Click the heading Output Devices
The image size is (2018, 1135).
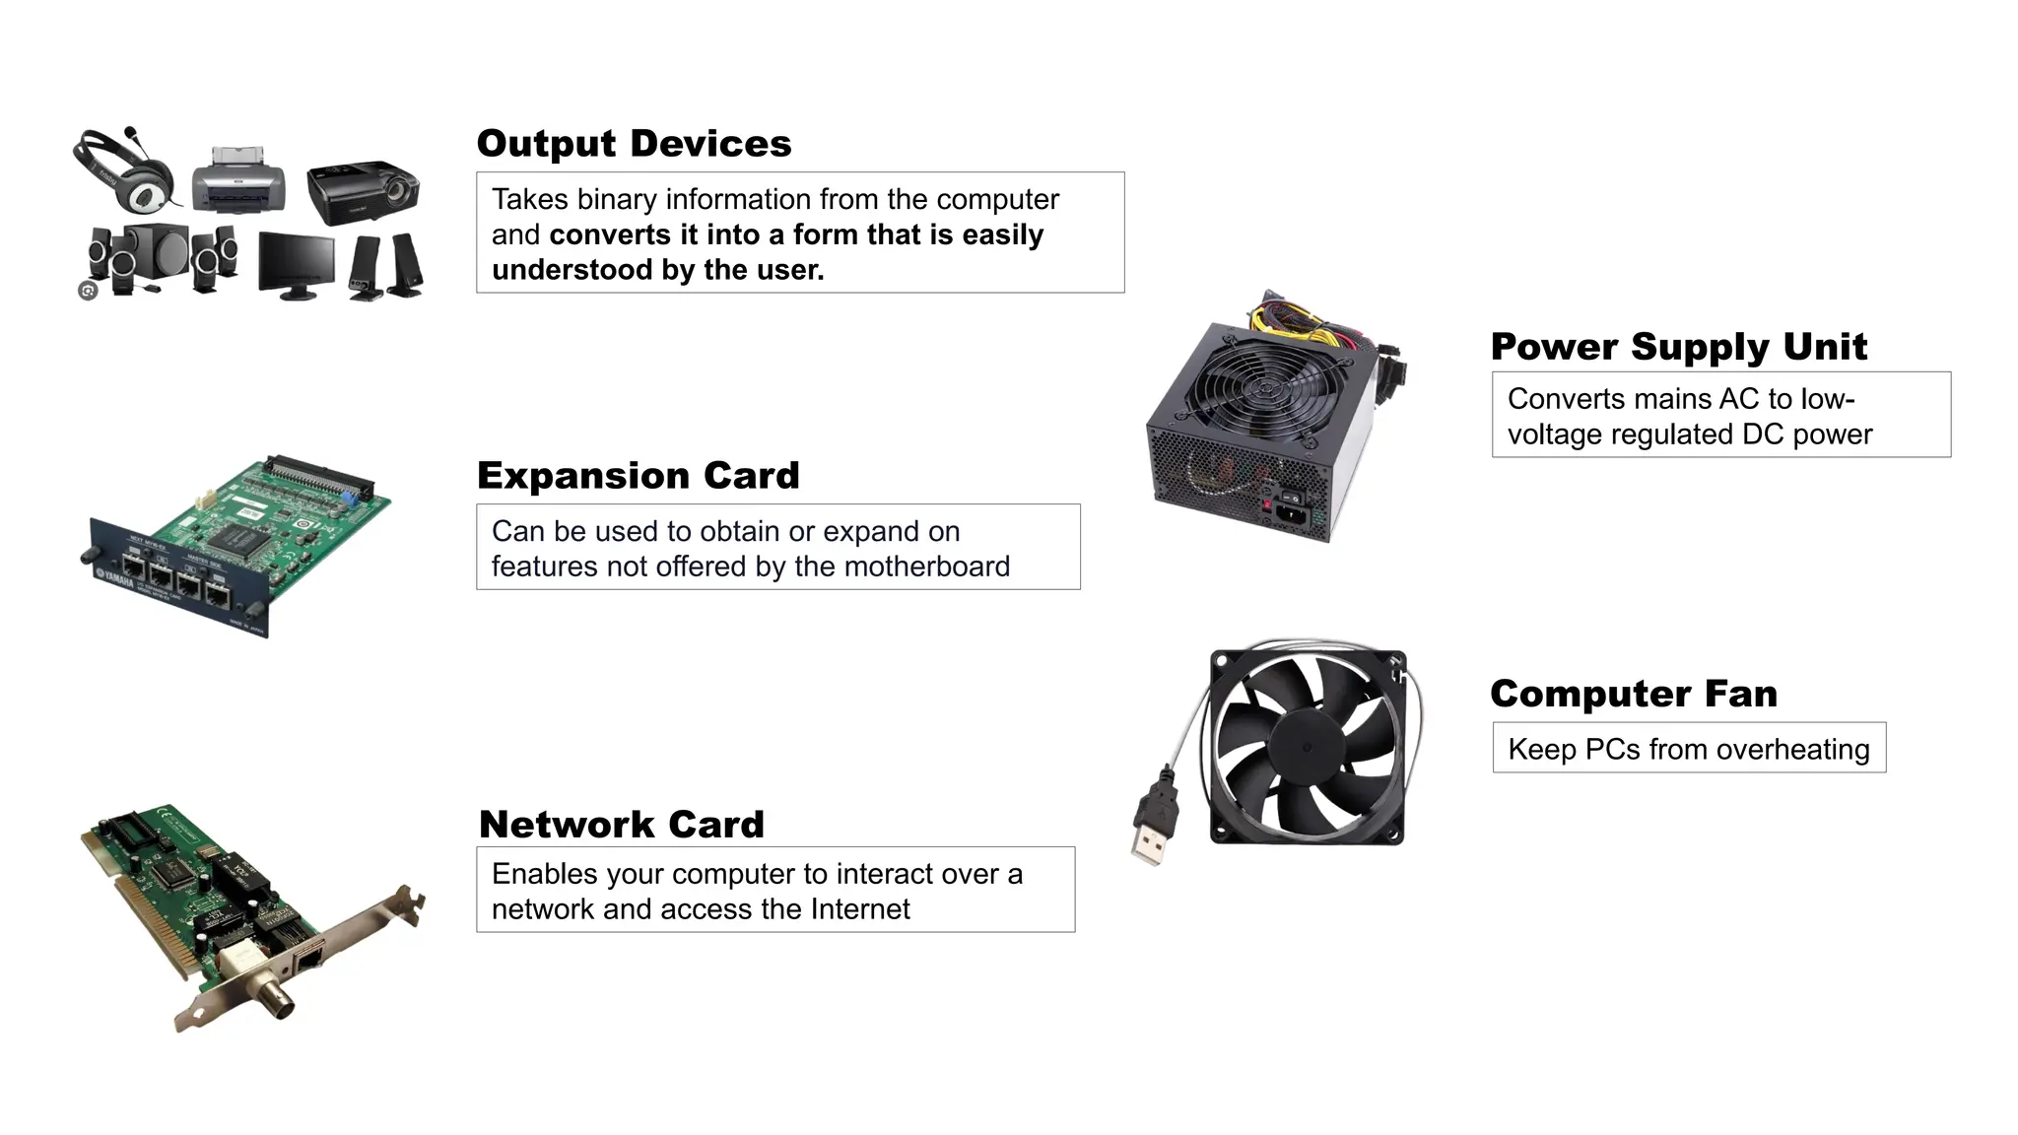(634, 144)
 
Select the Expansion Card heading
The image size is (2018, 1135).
(638, 476)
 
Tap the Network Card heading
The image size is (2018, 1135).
(621, 825)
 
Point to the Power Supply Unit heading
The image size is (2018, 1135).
(1678, 347)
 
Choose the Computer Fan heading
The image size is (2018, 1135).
(1633, 694)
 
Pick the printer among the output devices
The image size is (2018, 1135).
(238, 180)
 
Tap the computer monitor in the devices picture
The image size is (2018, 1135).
(296, 262)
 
